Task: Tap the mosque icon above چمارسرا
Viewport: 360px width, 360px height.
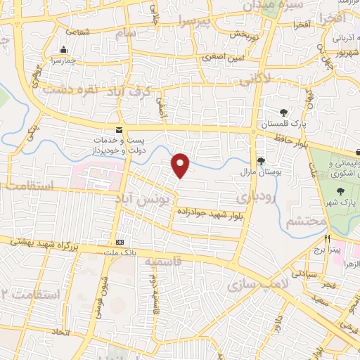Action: (65, 49)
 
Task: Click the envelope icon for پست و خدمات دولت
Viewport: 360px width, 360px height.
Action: (119, 129)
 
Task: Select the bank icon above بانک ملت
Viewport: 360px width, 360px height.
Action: (119, 238)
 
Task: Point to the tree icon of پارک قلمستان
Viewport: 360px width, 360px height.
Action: (283, 112)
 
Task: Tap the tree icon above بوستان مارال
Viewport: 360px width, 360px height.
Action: (261, 160)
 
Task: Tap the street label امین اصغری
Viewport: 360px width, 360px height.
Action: (224, 57)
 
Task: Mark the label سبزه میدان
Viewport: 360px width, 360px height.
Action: (263, 5)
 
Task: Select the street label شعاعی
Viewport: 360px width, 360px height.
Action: (77, 32)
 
